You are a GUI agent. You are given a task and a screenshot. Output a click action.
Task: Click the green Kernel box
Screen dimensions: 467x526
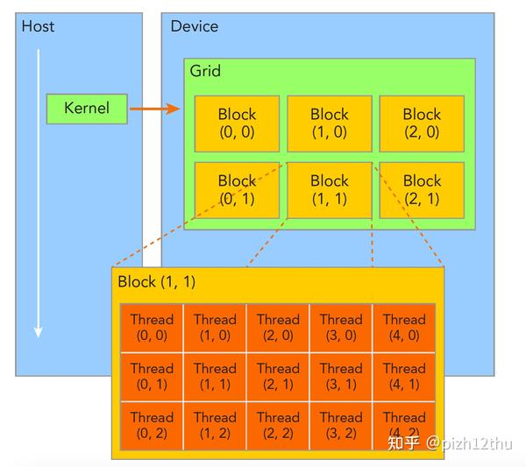(87, 109)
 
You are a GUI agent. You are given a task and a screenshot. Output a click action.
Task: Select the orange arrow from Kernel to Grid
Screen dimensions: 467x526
(154, 110)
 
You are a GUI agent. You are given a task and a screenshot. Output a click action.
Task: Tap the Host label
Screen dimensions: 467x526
(38, 26)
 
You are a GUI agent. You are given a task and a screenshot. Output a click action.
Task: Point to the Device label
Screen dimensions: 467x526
(194, 26)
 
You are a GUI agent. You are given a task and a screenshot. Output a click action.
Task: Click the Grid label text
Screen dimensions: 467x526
(206, 71)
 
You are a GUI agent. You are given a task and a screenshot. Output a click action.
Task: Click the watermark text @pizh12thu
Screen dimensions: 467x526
(471, 443)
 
